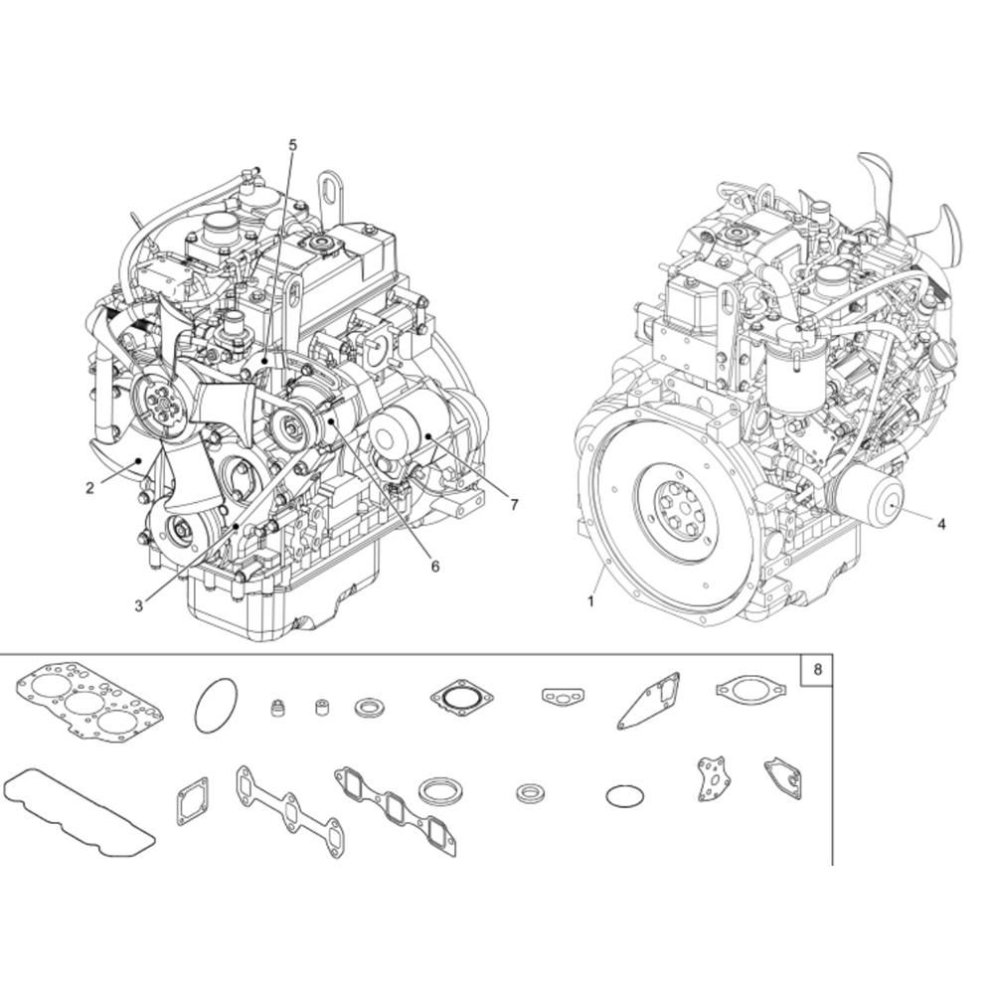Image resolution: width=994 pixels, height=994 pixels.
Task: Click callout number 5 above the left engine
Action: [292, 145]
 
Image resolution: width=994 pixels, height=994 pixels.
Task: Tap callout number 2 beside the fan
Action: [90, 487]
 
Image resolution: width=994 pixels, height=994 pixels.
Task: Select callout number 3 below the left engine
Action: [139, 606]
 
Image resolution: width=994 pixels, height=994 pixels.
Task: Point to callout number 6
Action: [435, 567]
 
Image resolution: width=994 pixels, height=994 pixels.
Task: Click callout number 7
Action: [514, 505]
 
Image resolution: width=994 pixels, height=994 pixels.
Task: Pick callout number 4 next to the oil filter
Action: [941, 524]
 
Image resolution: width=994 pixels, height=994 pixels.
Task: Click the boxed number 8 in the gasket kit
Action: [817, 669]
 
